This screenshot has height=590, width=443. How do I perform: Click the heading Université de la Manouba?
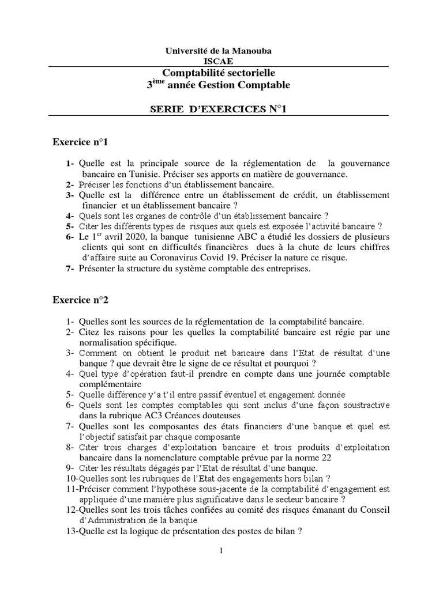(x=219, y=51)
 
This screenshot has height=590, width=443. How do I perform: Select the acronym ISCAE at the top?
(x=219, y=61)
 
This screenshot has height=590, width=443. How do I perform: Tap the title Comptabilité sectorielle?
(x=219, y=73)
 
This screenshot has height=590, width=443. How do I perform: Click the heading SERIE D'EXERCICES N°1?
(x=218, y=109)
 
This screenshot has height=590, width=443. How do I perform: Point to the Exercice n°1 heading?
(x=80, y=141)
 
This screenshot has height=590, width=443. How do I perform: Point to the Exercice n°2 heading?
(x=80, y=299)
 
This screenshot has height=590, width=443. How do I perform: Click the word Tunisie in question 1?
(x=144, y=173)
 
